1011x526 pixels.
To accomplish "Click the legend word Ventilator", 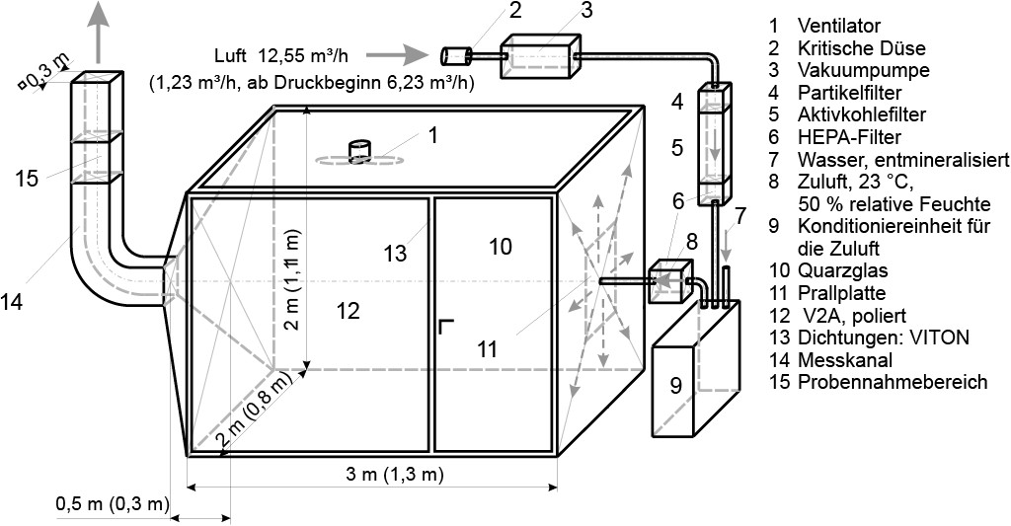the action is click(839, 26).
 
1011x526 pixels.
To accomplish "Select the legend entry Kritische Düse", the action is click(861, 48).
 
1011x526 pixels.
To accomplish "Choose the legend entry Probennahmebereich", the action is click(893, 382).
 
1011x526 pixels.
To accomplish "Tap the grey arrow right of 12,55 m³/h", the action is click(407, 55).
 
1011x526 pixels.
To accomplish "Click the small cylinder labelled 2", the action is click(455, 56).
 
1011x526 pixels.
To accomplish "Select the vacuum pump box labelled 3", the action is click(539, 56).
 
